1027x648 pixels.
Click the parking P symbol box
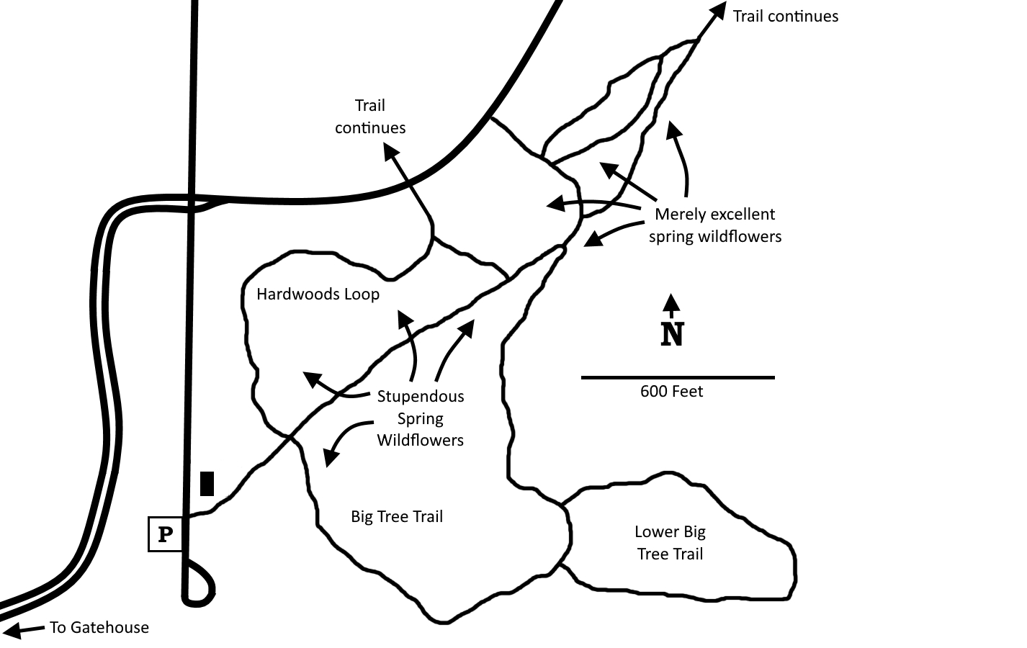[165, 534]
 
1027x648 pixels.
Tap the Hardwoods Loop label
[318, 294]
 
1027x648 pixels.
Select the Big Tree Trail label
[397, 517]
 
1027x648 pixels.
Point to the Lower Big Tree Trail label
[670, 543]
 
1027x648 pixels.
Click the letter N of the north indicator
[672, 334]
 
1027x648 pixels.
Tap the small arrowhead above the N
[672, 302]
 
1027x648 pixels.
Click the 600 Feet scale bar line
[678, 377]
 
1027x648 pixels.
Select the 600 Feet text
[671, 392]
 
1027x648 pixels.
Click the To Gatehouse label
[99, 627]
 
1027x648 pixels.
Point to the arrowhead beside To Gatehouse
[12, 630]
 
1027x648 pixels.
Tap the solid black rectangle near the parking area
[207, 483]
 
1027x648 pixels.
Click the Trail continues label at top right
[786, 17]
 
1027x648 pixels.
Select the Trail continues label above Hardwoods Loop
[370, 117]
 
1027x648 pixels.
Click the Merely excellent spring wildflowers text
[714, 225]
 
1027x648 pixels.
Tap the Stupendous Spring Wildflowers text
[421, 418]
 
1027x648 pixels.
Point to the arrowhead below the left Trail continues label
[390, 151]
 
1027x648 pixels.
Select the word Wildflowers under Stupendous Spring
[421, 441]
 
